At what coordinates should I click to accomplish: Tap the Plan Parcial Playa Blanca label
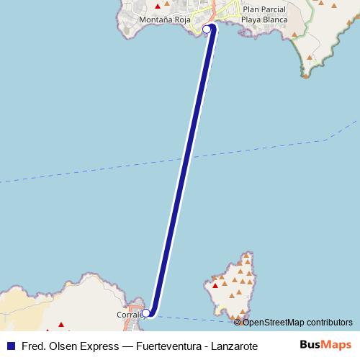coord(264,14)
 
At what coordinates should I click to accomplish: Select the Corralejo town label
coord(130,315)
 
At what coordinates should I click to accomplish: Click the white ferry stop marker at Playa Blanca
coord(207,30)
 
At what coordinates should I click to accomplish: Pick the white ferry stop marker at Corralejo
coord(146,312)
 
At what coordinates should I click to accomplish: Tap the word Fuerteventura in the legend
coord(165,346)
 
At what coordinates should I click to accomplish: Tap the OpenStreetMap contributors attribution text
coord(298,322)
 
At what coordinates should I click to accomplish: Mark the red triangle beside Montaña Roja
coord(158,6)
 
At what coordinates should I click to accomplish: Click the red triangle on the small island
coord(215,286)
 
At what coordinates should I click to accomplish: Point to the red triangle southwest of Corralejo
coord(60,325)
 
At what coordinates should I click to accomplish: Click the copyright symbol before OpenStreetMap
coord(238,322)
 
